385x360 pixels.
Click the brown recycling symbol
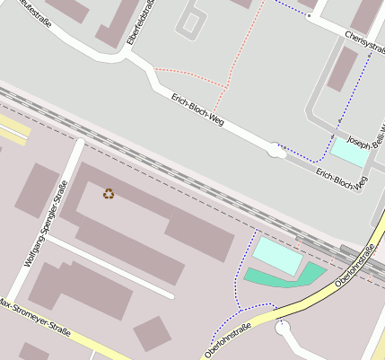coord(109,193)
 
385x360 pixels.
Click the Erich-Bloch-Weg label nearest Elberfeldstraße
coord(197,108)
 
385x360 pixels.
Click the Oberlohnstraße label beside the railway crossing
coord(354,267)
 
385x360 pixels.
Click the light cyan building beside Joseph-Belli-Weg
coord(349,152)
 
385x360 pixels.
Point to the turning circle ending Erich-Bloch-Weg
coord(277,153)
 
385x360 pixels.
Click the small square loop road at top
coord(192,22)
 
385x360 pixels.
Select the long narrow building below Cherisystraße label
coord(342,69)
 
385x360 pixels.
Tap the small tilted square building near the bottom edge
coord(152,333)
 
